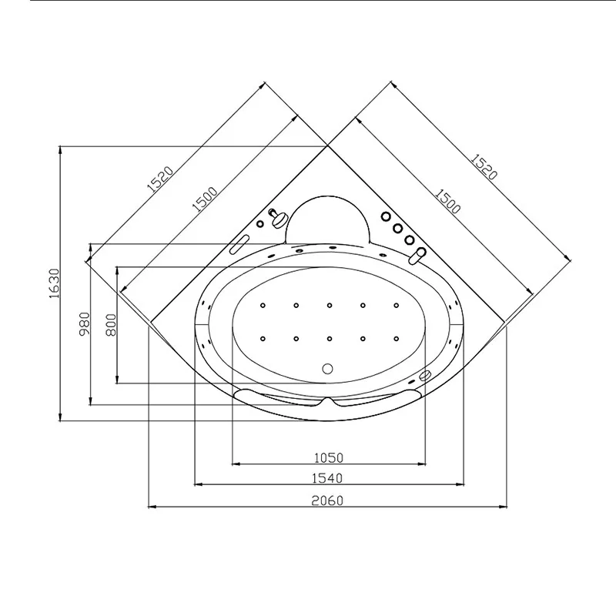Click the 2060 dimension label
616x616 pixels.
(x=327, y=500)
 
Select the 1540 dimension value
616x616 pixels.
(x=327, y=478)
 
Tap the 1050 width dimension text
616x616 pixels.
(x=329, y=457)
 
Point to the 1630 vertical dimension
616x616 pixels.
(x=54, y=283)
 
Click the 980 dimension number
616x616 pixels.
(x=85, y=323)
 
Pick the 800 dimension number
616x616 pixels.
(x=111, y=324)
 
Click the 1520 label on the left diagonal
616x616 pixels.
(x=160, y=179)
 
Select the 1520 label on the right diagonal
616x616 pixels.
(x=484, y=166)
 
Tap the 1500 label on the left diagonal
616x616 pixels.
(x=204, y=199)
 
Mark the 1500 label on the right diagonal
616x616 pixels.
(x=447, y=202)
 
